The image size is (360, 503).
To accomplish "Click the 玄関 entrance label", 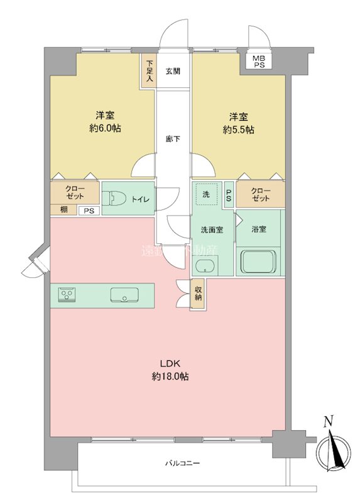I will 173,71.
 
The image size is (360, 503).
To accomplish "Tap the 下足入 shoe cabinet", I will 149,72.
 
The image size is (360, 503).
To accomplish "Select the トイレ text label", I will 139,199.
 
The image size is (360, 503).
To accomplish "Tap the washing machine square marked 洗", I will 207,194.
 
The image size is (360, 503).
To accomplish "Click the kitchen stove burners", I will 67,295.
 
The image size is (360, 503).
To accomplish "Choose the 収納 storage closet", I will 198,294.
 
